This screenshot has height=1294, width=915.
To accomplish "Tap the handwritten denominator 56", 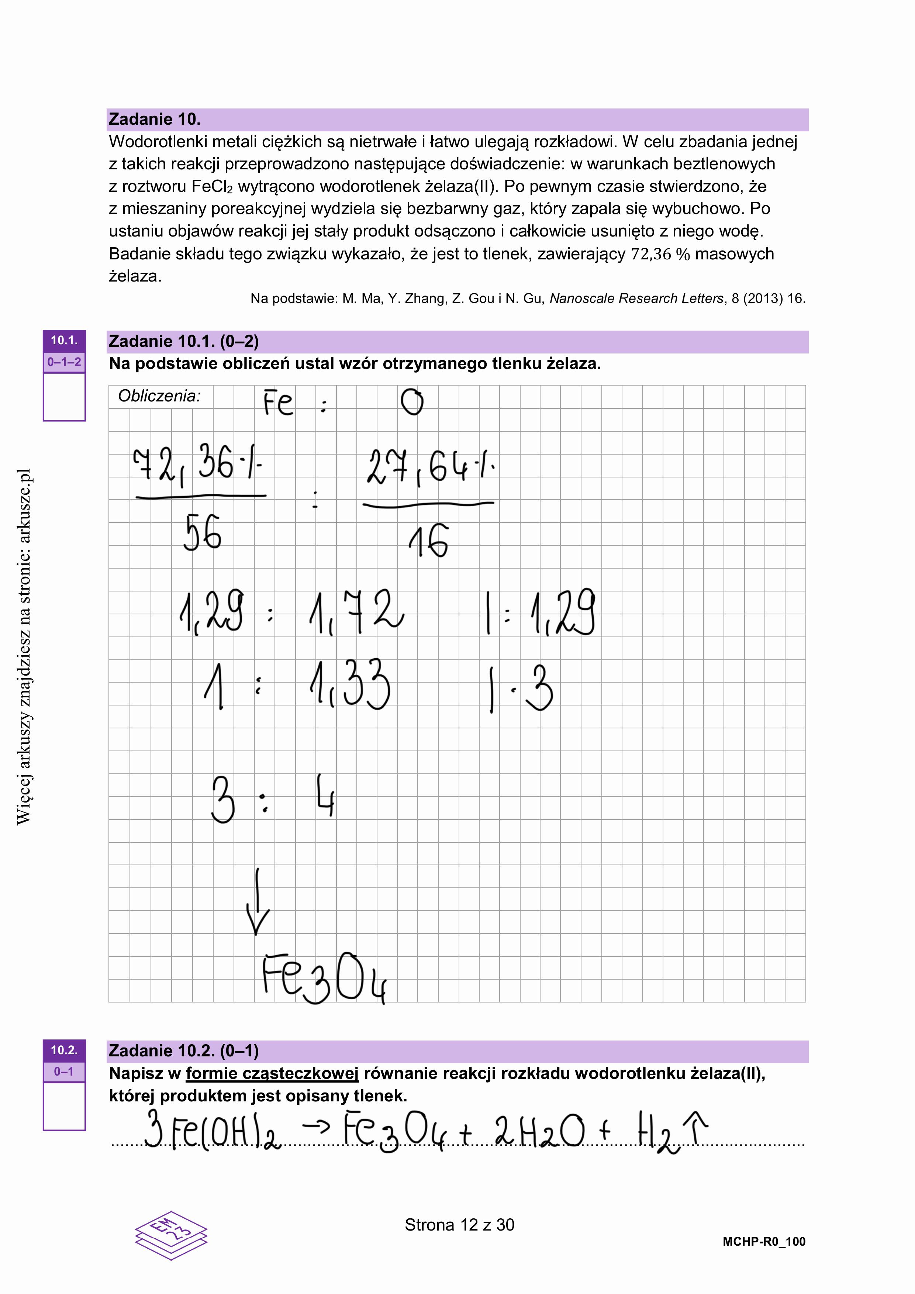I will tap(202, 532).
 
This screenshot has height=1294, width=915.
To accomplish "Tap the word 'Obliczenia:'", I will tap(159, 396).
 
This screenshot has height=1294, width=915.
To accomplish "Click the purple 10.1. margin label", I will tap(64, 341).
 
